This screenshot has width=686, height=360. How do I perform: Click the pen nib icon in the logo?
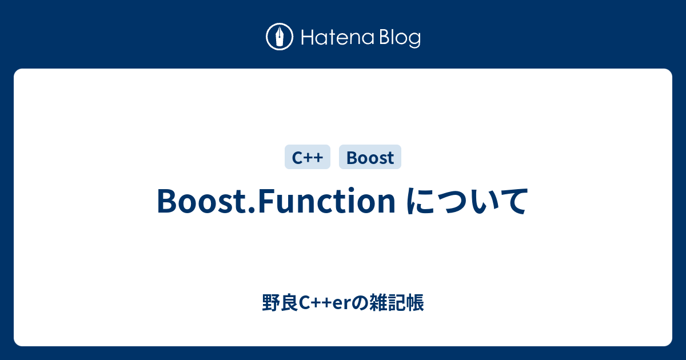point(280,37)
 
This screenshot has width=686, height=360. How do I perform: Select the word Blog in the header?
point(398,38)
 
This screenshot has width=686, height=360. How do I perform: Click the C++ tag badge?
point(308,157)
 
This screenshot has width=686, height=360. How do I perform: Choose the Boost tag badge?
point(370,157)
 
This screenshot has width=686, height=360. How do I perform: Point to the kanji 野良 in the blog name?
point(280,303)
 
